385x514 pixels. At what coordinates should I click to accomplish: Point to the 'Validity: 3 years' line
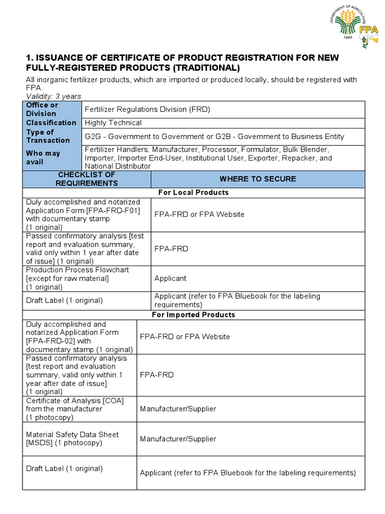pos(54,96)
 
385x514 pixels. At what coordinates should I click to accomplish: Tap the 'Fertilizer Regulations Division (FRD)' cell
pos(147,109)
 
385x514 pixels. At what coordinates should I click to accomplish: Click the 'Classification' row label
pos(51,122)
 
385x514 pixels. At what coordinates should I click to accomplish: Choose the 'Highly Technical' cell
pos(113,122)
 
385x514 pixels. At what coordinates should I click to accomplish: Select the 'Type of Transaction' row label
pos(48,136)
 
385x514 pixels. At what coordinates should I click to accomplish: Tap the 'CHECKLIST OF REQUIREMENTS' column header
pos(87,179)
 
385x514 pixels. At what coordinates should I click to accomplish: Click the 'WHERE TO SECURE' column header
pos(258,179)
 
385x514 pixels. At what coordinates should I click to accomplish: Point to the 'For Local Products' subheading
pos(194,192)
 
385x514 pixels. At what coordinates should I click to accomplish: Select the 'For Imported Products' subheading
pos(194,315)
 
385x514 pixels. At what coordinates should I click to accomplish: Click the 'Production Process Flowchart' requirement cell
pos(77,278)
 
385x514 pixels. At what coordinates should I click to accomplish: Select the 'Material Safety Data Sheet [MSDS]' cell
pos(72,439)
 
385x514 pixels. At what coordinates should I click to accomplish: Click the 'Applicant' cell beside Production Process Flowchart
pos(170,278)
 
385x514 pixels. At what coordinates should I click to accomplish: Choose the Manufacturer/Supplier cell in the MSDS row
pos(178,439)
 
